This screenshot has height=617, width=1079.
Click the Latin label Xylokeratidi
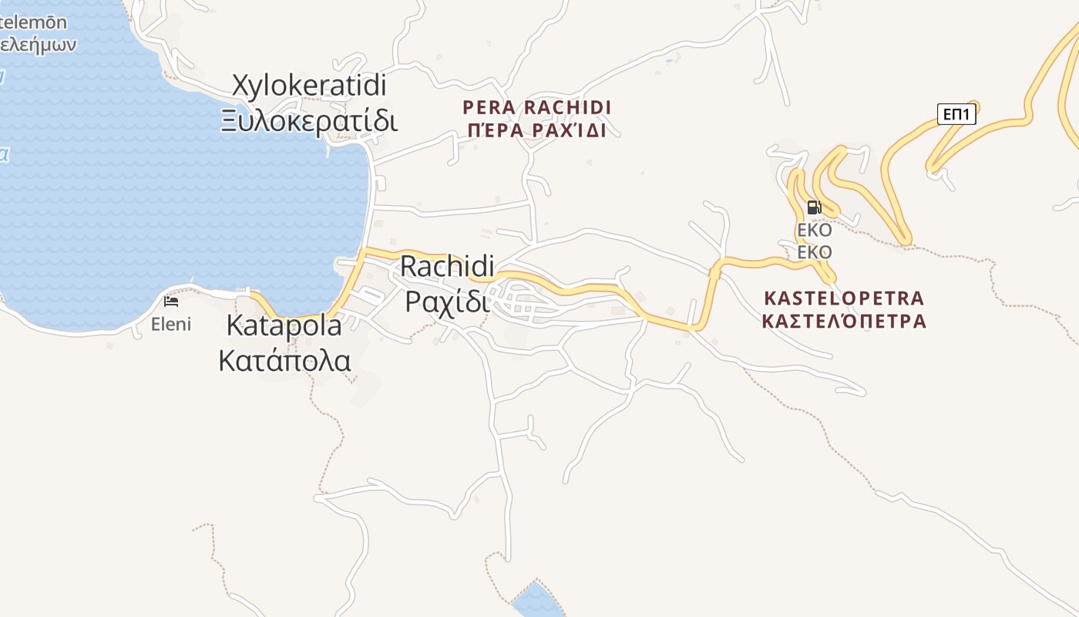[x=310, y=86]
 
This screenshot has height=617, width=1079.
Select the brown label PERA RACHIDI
[x=536, y=106]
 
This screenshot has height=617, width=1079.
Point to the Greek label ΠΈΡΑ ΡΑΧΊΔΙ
[x=536, y=130]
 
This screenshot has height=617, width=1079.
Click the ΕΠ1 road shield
[x=956, y=115]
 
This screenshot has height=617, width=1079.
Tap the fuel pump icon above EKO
[x=814, y=207]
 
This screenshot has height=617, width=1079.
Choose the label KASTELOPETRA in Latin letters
[x=844, y=298]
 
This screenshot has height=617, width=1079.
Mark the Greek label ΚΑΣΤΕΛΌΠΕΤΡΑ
[x=844, y=321]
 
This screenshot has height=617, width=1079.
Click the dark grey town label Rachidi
[x=447, y=267]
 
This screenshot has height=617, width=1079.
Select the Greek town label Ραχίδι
[x=447, y=302]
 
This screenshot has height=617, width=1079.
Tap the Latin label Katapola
[x=284, y=325]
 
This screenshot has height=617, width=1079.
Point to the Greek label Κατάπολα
[x=284, y=360]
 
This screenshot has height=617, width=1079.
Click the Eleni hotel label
[x=170, y=324]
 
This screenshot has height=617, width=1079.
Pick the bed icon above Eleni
[x=171, y=301]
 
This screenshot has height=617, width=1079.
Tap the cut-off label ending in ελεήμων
[x=37, y=44]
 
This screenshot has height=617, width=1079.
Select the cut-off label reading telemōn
[x=33, y=22]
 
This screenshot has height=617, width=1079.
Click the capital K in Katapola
[x=235, y=325]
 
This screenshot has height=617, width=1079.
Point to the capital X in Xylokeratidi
[x=242, y=86]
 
